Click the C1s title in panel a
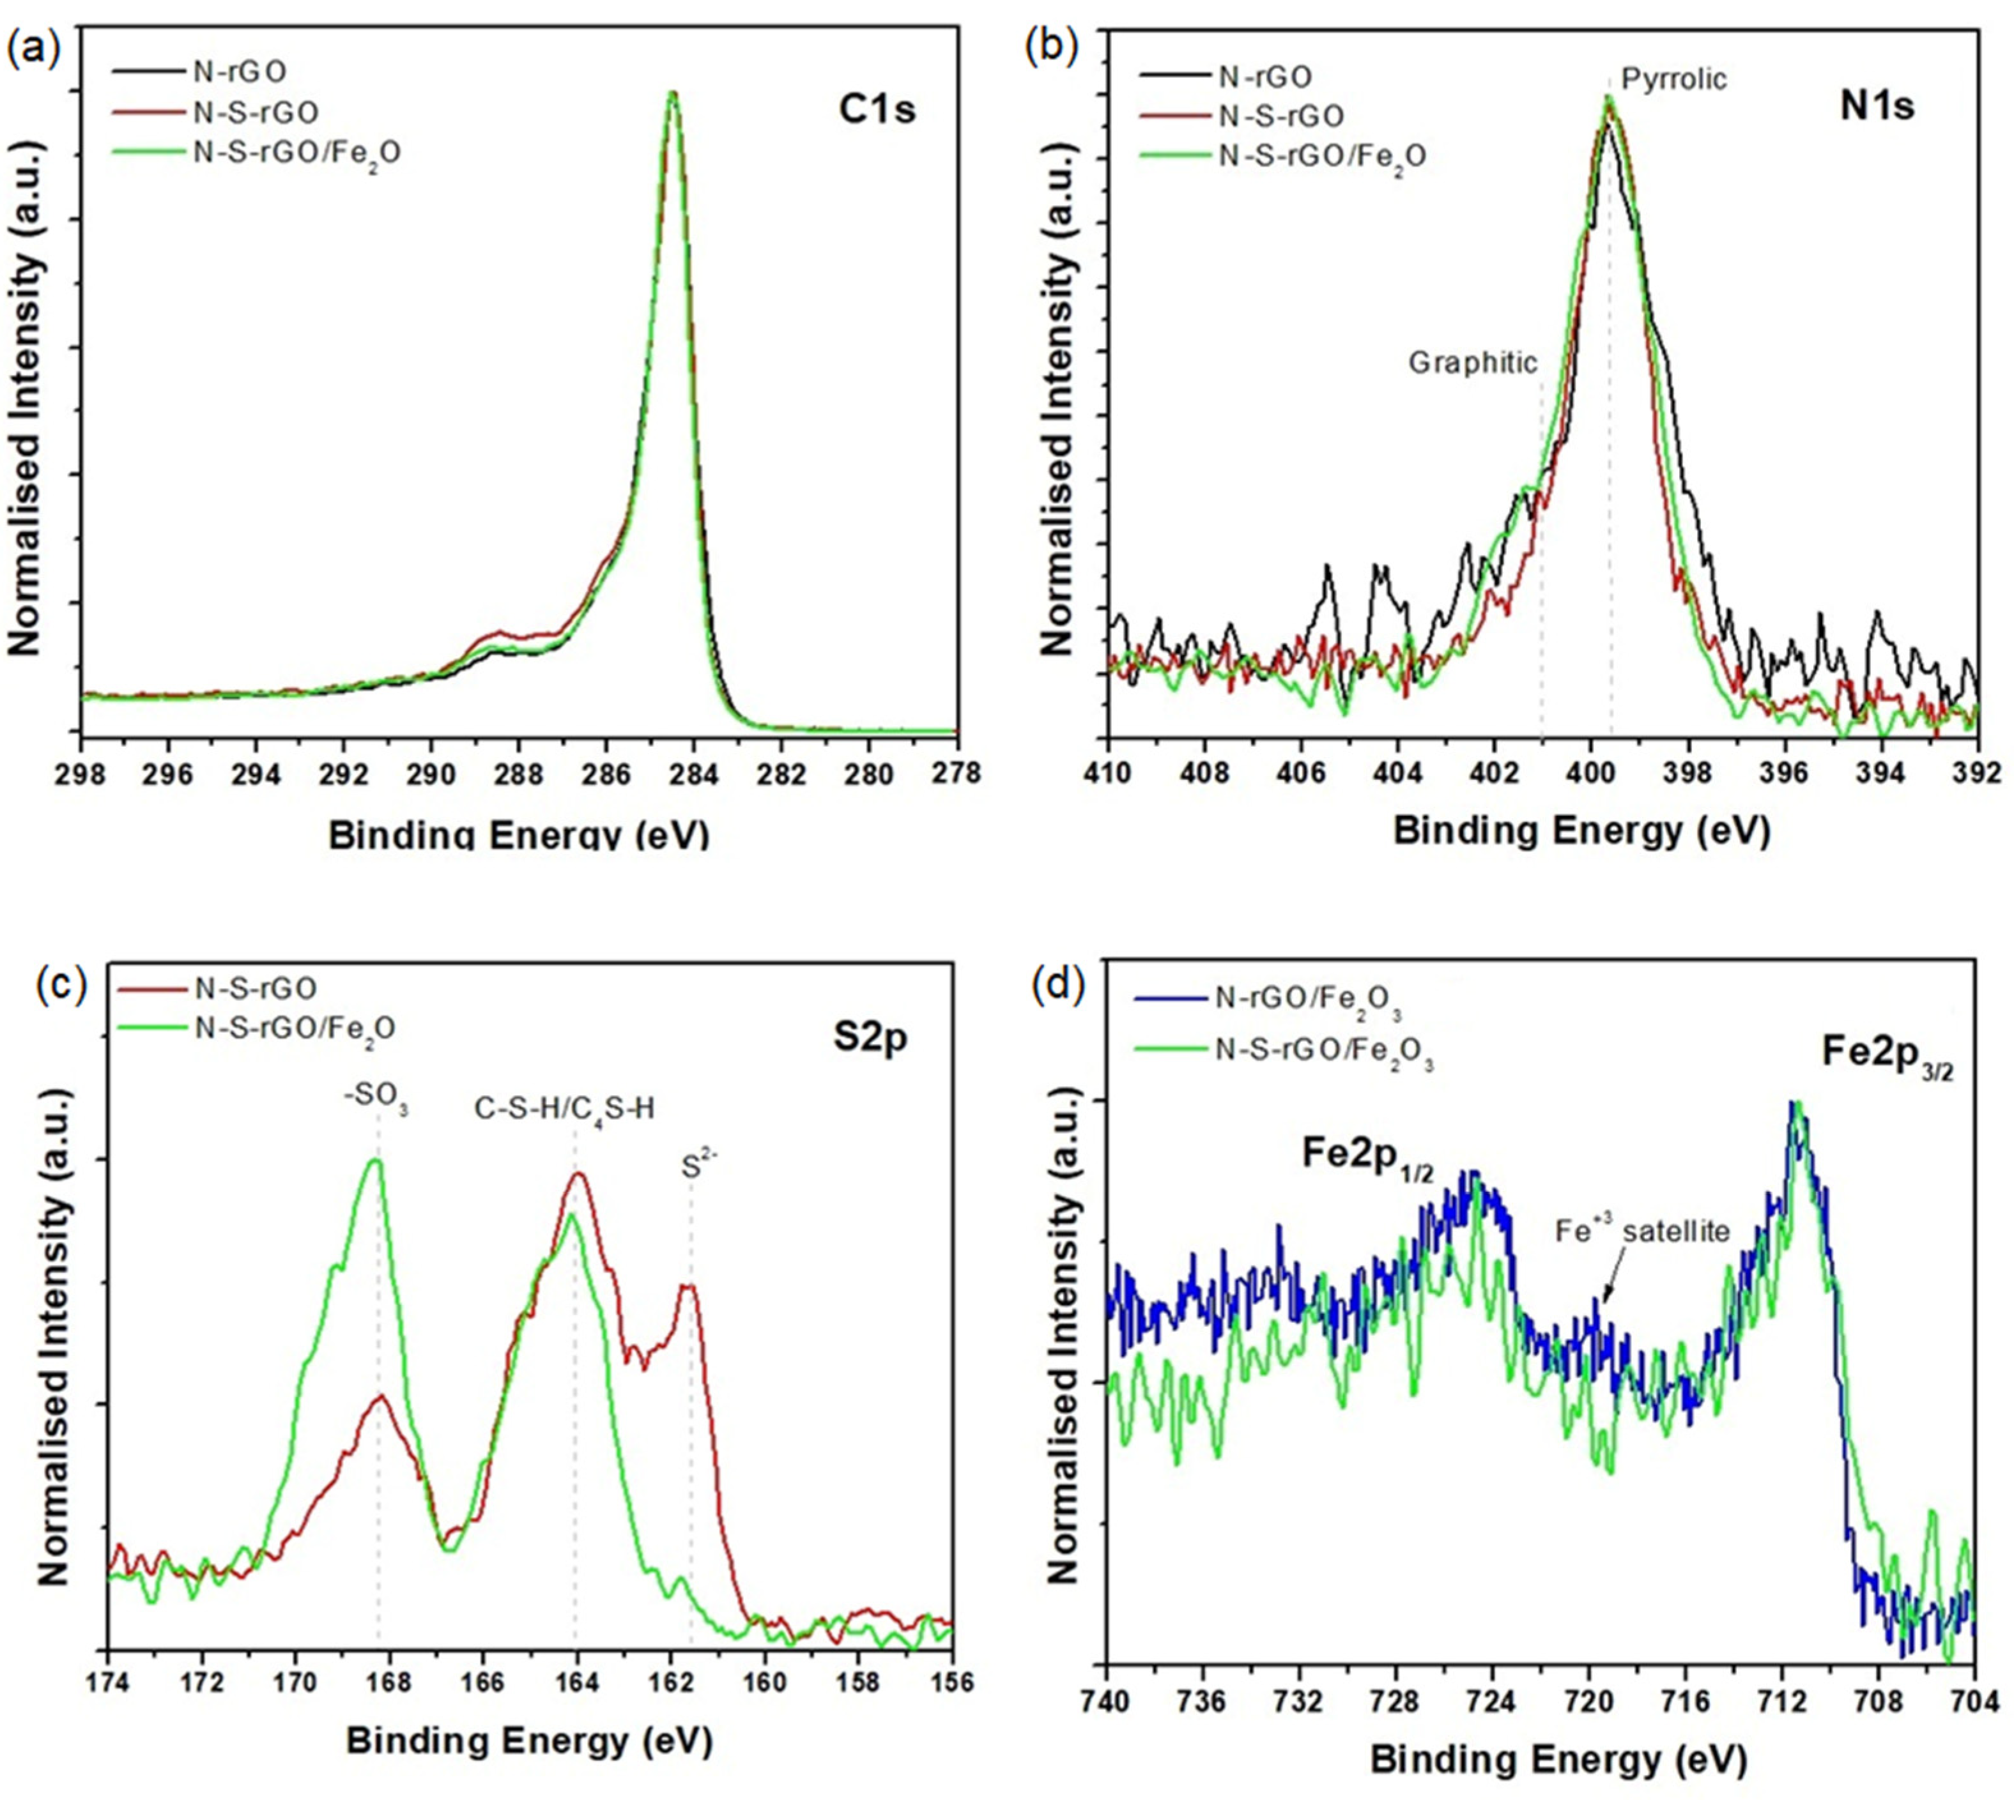(x=877, y=109)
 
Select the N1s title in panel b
(x=1877, y=106)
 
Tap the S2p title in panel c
(x=870, y=1039)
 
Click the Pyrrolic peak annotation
(x=1673, y=79)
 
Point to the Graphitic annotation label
(x=1473, y=363)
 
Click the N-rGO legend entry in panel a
(x=240, y=71)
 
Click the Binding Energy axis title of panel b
(x=1581, y=830)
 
